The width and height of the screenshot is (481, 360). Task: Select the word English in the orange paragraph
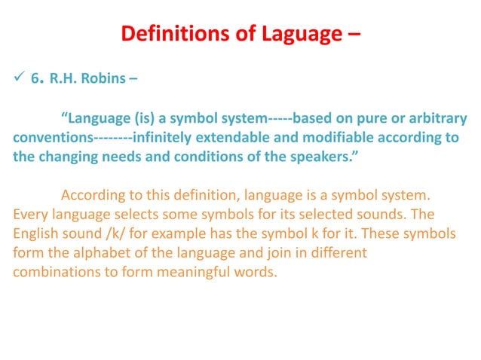click(33, 233)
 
